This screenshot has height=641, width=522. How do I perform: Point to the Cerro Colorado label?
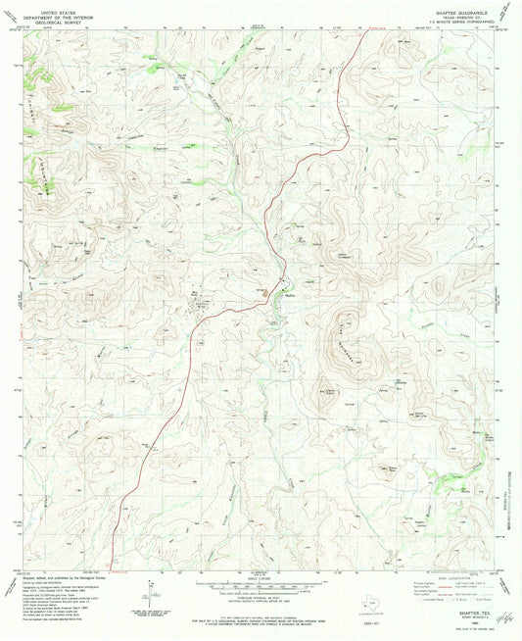pyautogui.click(x=344, y=258)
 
